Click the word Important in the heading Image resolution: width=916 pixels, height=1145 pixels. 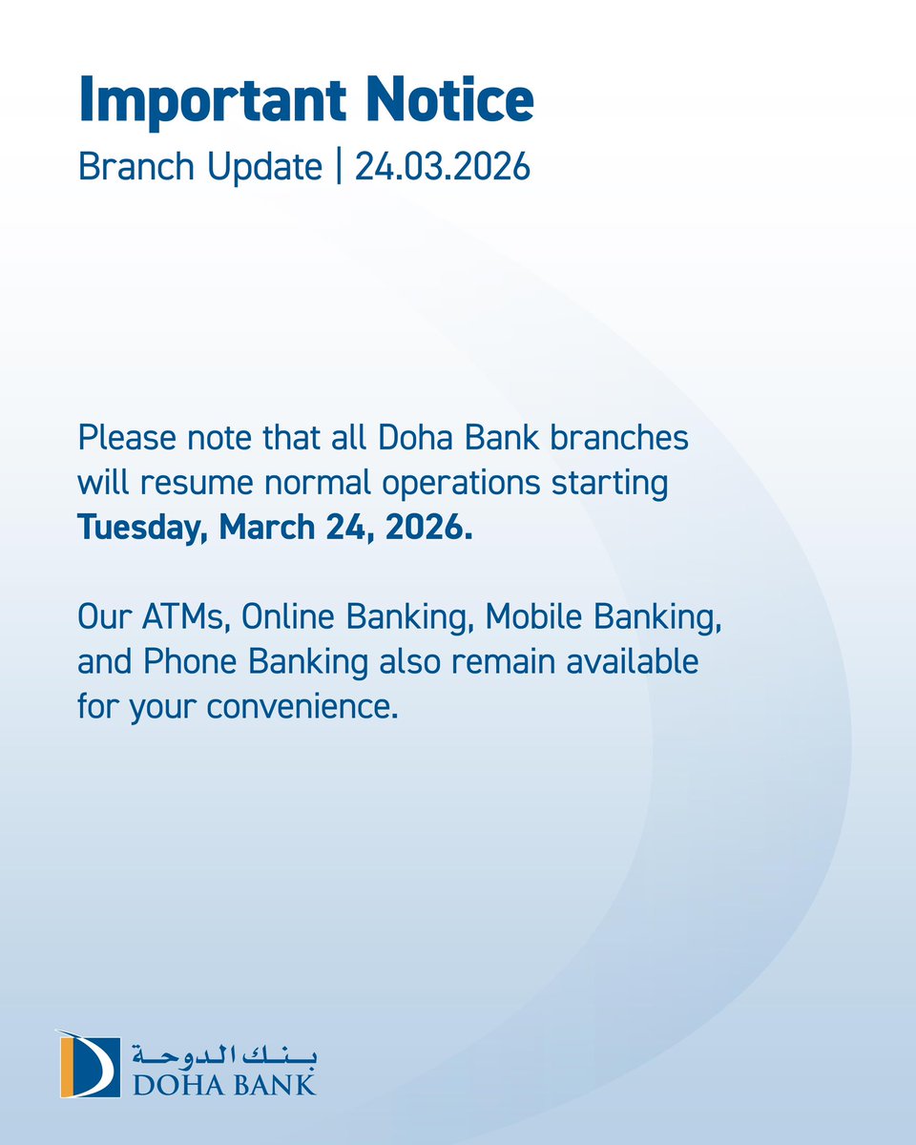pyautogui.click(x=217, y=100)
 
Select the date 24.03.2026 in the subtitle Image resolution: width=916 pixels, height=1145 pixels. pyautogui.click(x=443, y=167)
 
